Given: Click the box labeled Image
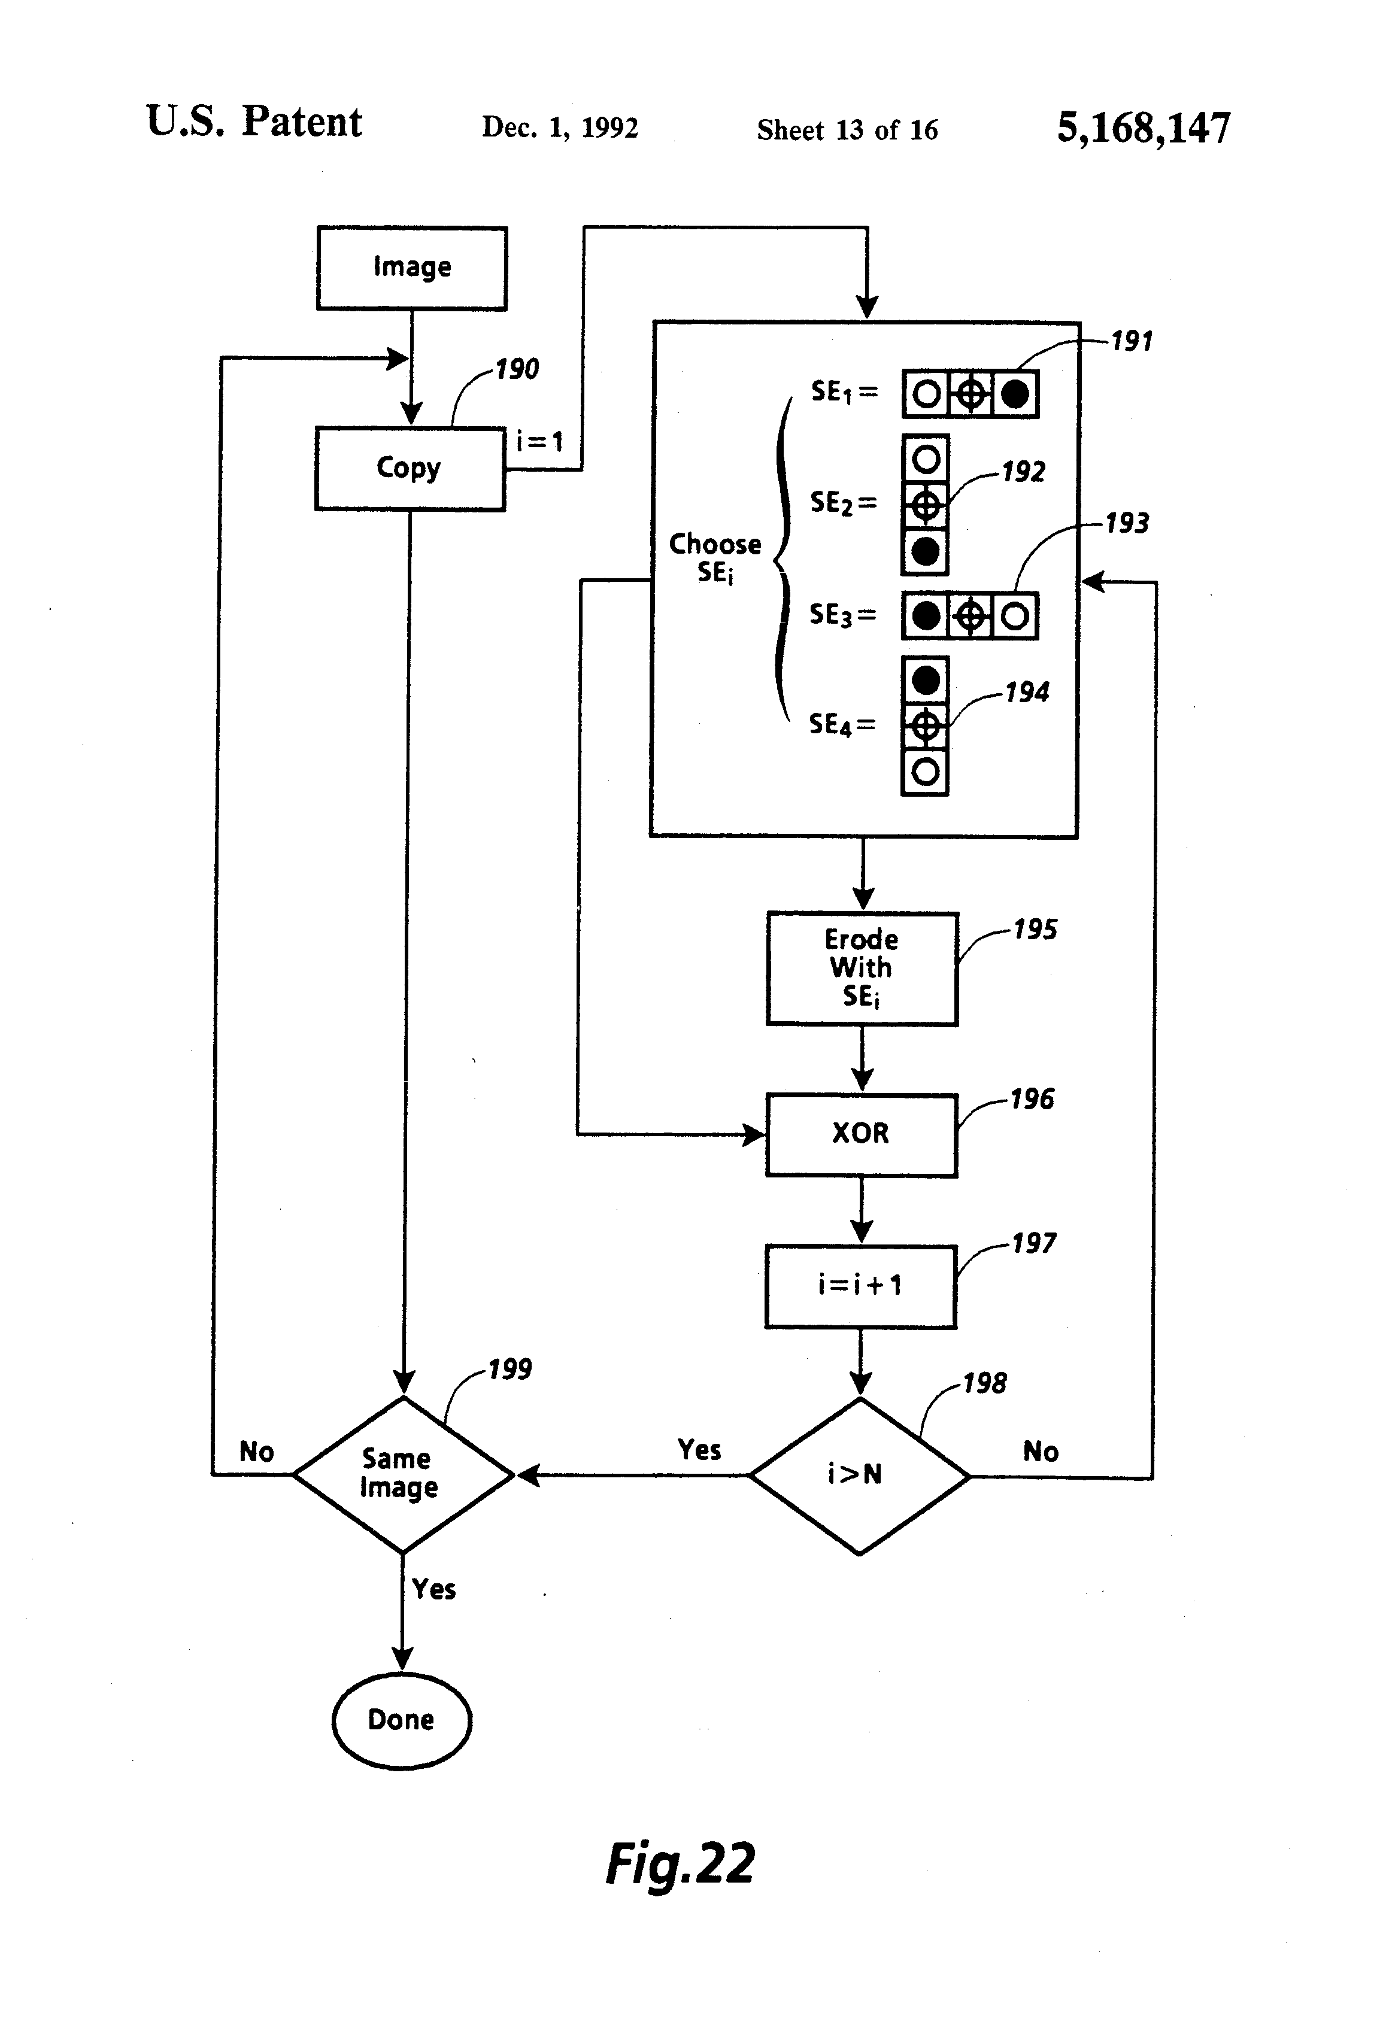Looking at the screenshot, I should coord(412,268).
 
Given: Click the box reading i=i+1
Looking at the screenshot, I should coord(860,1286).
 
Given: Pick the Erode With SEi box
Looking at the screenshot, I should coord(862,968).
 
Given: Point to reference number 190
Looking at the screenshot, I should coord(516,369).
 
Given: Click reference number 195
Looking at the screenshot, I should coord(1035,930).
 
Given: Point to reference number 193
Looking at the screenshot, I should coord(1127,524).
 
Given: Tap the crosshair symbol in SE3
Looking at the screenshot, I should coord(970,616).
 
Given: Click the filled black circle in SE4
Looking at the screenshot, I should coord(926,680).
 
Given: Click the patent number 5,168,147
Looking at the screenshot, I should coord(1143,128).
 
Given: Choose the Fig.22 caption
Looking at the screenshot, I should coord(681,1863).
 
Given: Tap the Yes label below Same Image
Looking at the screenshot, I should coord(433,1589).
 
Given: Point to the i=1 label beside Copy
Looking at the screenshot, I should coord(539,441).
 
